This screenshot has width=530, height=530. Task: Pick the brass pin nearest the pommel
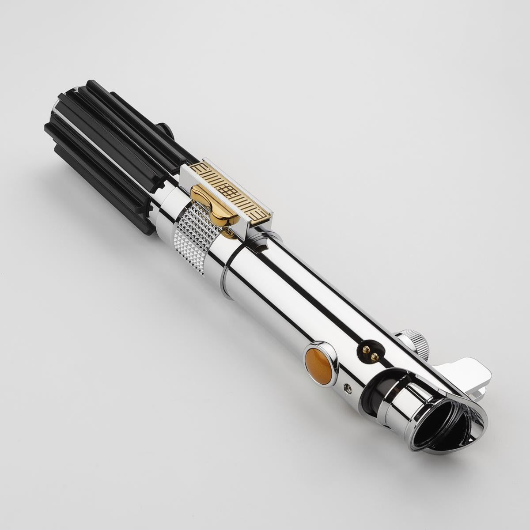[366, 349]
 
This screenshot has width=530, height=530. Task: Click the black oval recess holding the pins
[370, 352]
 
